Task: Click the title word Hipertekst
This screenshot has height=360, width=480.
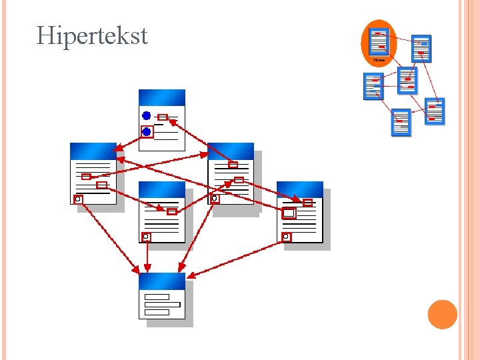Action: [92, 35]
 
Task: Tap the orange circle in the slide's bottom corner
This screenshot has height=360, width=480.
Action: [442, 315]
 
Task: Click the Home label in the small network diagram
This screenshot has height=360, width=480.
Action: [379, 60]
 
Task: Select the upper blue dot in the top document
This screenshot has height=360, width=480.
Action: [147, 116]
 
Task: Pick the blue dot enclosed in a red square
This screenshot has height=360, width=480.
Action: [147, 132]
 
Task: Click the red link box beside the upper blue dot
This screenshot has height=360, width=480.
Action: [162, 117]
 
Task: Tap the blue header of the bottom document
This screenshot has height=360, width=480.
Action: [162, 281]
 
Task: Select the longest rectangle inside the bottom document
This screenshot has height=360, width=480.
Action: [162, 305]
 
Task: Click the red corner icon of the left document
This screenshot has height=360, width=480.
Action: [78, 199]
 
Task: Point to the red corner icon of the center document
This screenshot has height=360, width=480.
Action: [146, 237]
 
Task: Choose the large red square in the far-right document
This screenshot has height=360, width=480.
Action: [289, 213]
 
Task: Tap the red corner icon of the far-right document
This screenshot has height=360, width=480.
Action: [286, 237]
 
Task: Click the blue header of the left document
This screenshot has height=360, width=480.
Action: [93, 151]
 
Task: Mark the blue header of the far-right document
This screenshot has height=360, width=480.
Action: [300, 189]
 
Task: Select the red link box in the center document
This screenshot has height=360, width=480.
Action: [171, 211]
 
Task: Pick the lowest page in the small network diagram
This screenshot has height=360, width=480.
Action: [401, 122]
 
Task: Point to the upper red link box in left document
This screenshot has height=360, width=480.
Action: [86, 177]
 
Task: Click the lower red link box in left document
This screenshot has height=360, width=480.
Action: [101, 185]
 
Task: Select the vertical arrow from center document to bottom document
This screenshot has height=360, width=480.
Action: [147, 257]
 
